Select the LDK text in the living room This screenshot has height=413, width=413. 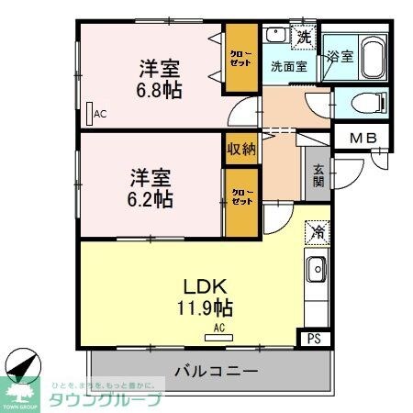[x=207, y=285]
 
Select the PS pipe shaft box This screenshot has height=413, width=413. [x=314, y=339]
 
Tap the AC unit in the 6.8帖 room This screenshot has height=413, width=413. [x=89, y=114]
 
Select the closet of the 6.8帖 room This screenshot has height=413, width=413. [x=242, y=59]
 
